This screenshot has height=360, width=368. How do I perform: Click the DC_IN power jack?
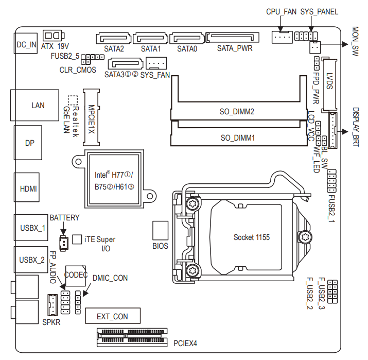(26, 44)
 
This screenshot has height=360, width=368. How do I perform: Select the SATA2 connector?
(113, 38)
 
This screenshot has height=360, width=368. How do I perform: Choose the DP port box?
(29, 143)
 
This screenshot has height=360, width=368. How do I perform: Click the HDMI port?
(28, 188)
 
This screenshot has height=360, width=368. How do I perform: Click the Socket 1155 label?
(251, 237)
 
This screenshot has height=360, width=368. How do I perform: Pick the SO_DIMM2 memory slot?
(237, 111)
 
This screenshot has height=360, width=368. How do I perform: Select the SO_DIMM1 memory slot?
(237, 138)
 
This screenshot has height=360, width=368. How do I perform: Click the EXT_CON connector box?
(112, 316)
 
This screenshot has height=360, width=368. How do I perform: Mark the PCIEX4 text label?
(185, 342)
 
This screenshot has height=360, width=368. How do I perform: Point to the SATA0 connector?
(187, 38)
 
